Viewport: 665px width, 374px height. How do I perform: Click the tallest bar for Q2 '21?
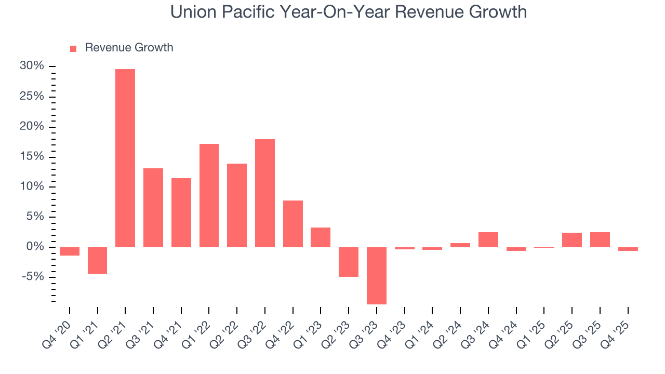(x=125, y=158)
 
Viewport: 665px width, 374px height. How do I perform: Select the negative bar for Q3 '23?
(x=377, y=275)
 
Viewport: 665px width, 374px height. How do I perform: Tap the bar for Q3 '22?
(x=265, y=193)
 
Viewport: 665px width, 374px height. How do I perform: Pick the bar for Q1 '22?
(x=209, y=195)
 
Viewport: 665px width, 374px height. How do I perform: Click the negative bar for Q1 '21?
(x=97, y=260)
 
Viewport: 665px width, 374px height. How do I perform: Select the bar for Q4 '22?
(x=293, y=223)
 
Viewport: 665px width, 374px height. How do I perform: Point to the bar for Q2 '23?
(x=349, y=262)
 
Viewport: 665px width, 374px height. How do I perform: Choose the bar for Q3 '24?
(x=488, y=239)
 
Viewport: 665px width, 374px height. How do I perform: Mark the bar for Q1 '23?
(x=321, y=237)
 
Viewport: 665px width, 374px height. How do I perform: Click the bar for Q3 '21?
(x=153, y=207)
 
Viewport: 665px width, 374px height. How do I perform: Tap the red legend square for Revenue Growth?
(x=73, y=48)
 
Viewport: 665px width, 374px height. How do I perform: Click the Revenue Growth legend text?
(x=129, y=48)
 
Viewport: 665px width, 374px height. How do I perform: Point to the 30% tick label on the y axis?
(x=32, y=66)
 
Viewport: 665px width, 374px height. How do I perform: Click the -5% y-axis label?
(x=33, y=277)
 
